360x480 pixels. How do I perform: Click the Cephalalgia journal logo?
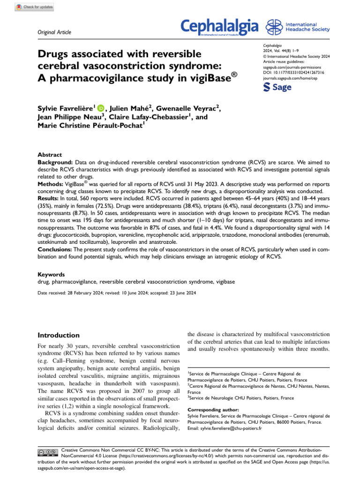(220, 26)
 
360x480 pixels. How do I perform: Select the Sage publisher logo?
(278, 87)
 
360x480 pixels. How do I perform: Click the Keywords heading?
(51, 274)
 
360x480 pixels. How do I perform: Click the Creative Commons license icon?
(47, 452)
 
